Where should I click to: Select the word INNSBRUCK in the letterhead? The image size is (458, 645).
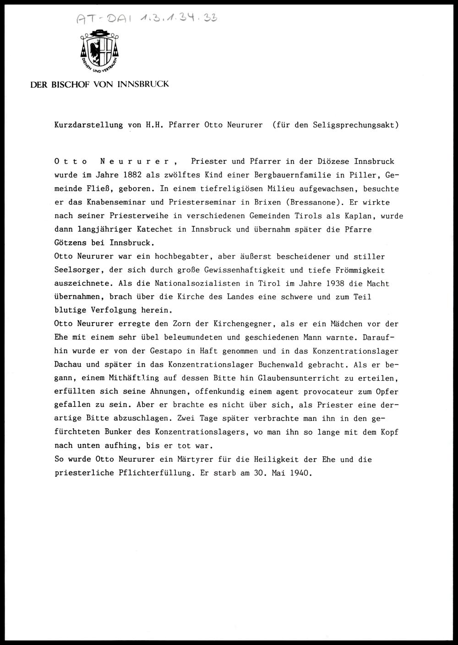[143, 84]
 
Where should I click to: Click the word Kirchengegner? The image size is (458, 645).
[245, 324]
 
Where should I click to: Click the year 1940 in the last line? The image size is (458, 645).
[300, 473]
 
